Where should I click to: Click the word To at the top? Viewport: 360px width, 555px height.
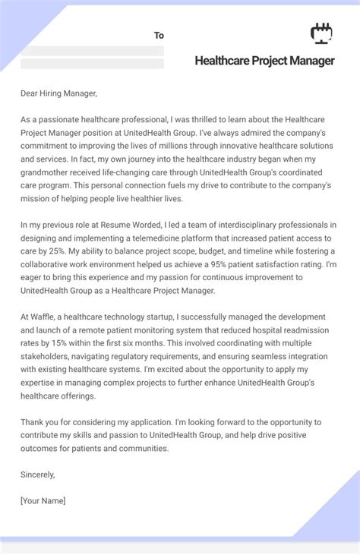click(x=159, y=36)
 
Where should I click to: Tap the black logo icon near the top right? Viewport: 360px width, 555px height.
click(x=322, y=33)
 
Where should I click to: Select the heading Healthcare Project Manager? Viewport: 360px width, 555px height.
click(x=264, y=61)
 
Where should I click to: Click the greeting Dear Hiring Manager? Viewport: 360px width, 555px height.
click(x=59, y=93)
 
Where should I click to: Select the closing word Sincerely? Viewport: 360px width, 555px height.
click(x=37, y=475)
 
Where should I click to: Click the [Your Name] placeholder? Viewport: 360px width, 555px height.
click(x=43, y=501)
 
